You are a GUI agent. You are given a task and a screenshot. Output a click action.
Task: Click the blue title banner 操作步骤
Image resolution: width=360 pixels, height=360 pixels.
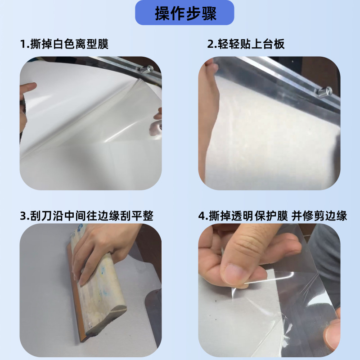(184, 13)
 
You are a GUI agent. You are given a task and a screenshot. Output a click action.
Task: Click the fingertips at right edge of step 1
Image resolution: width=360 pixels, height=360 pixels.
(157, 116)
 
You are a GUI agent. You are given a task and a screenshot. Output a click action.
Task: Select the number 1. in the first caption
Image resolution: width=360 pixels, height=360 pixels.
(24, 44)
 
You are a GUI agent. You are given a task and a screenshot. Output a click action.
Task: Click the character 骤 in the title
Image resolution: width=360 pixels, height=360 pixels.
(208, 13)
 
